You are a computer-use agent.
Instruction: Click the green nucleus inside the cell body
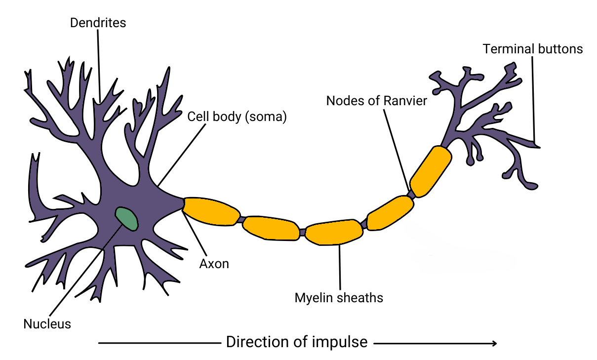pyautogui.click(x=126, y=218)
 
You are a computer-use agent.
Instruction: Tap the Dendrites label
pyautogui.click(x=98, y=23)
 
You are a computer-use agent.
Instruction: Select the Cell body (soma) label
pyautogui.click(x=237, y=117)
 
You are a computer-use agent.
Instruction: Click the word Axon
pyautogui.click(x=214, y=264)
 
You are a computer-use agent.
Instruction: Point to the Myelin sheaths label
pyautogui.click(x=339, y=298)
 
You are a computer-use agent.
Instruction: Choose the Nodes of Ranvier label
pyautogui.click(x=376, y=101)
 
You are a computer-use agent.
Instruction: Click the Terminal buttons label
pyautogui.click(x=533, y=49)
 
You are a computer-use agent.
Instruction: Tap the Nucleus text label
pyautogui.click(x=47, y=324)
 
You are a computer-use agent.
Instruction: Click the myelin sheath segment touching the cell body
pyautogui.click(x=210, y=211)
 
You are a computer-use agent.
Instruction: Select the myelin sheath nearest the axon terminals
pyautogui.click(x=431, y=171)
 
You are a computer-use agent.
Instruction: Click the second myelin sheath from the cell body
pyautogui.click(x=271, y=228)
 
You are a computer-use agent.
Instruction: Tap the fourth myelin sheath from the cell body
pyautogui.click(x=391, y=213)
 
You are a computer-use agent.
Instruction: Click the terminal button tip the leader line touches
pyautogui.click(x=538, y=146)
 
